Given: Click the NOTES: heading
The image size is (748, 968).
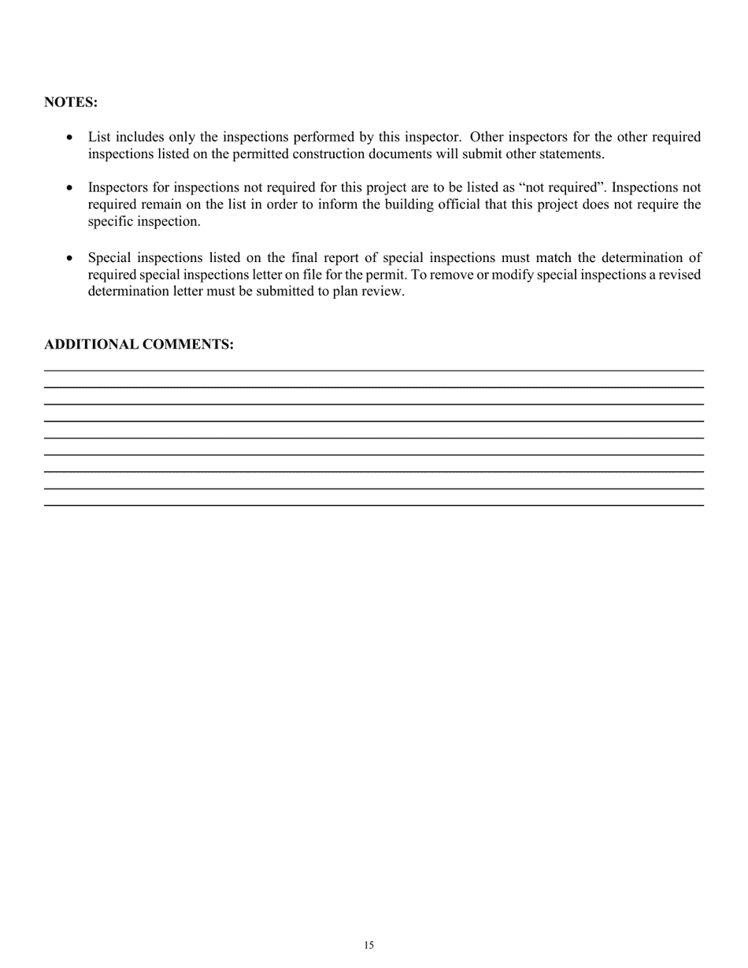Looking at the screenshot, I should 71,102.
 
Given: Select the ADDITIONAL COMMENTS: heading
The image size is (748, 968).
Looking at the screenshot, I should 139,345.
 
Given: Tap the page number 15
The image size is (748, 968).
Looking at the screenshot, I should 369,945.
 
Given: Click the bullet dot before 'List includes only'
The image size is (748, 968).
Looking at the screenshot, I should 71,138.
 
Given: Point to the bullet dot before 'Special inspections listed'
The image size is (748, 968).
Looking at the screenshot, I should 71,258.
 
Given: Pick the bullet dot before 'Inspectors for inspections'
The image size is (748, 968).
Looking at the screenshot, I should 71,188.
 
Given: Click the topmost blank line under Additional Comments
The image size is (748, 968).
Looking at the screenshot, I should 373,370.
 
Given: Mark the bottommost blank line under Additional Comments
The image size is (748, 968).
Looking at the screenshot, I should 373,504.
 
